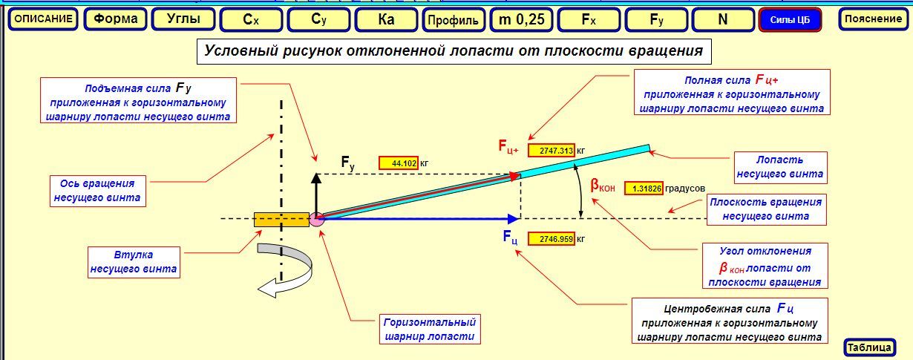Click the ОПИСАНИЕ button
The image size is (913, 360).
pyautogui.click(x=44, y=19)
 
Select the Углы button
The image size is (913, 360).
pyautogui.click(x=183, y=19)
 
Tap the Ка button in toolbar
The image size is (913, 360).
pyautogui.click(x=386, y=19)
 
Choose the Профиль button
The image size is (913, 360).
pyautogui.click(x=454, y=20)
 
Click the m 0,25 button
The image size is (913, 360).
pyautogui.click(x=521, y=19)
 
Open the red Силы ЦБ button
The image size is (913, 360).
pyautogui.click(x=790, y=20)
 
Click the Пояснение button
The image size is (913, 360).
pyautogui.click(x=873, y=19)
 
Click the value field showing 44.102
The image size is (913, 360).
pyautogui.click(x=399, y=163)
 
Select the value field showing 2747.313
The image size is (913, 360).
pyautogui.click(x=551, y=151)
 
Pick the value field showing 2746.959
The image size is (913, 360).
pyautogui.click(x=551, y=239)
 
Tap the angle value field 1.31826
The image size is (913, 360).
pyautogui.click(x=644, y=189)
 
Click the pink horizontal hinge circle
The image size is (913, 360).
pyautogui.click(x=317, y=219)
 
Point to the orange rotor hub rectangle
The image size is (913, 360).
pyautogui.click(x=281, y=219)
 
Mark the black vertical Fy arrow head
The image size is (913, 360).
pyautogui.click(x=316, y=178)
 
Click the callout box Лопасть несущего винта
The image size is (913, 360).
pyautogui.click(x=779, y=167)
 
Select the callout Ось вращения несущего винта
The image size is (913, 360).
pyautogui.click(x=96, y=191)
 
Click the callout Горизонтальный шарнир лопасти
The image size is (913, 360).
pyautogui.click(x=429, y=329)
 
